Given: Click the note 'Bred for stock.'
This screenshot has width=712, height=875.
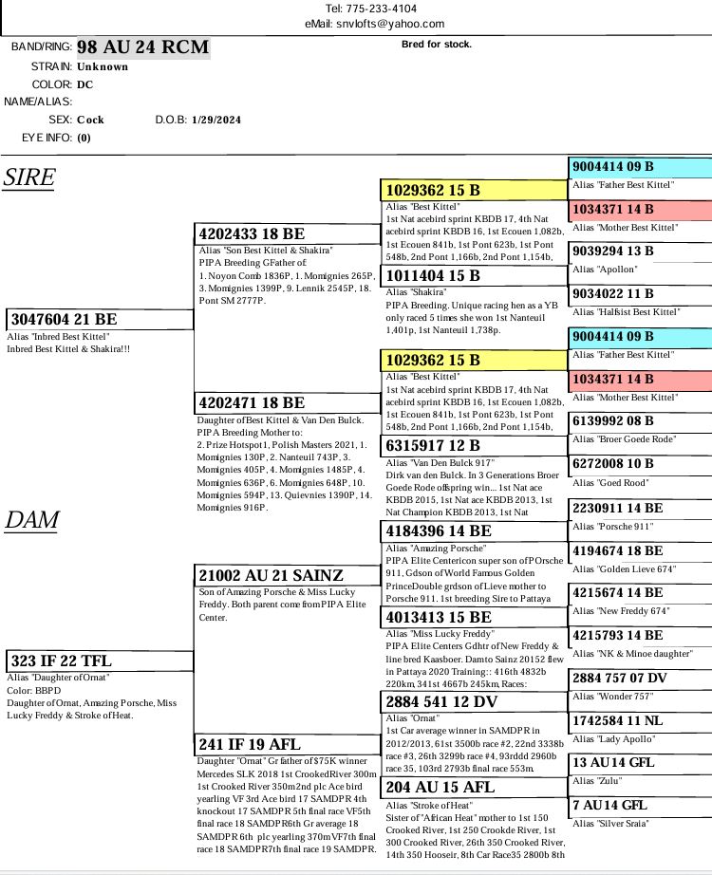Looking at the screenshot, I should click(437, 44).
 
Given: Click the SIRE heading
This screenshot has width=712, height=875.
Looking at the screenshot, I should click(29, 177).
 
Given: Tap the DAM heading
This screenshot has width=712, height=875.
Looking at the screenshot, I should click(32, 519).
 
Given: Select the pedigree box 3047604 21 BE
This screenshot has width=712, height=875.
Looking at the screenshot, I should click(63, 320).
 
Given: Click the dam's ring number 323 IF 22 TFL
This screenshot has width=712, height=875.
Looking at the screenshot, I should click(61, 661).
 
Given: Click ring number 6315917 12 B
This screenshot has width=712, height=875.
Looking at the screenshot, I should click(433, 445).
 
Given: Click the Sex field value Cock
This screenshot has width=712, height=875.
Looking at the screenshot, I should click(90, 121).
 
